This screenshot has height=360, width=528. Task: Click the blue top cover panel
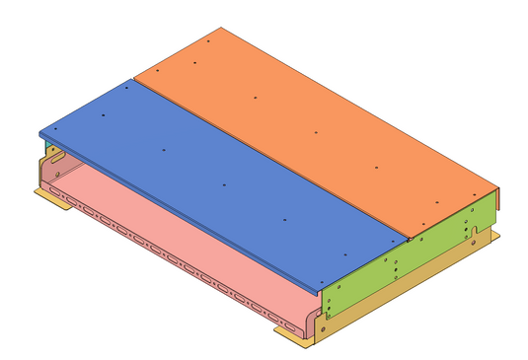click(217, 178)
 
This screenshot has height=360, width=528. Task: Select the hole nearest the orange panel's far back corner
click(211, 42)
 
